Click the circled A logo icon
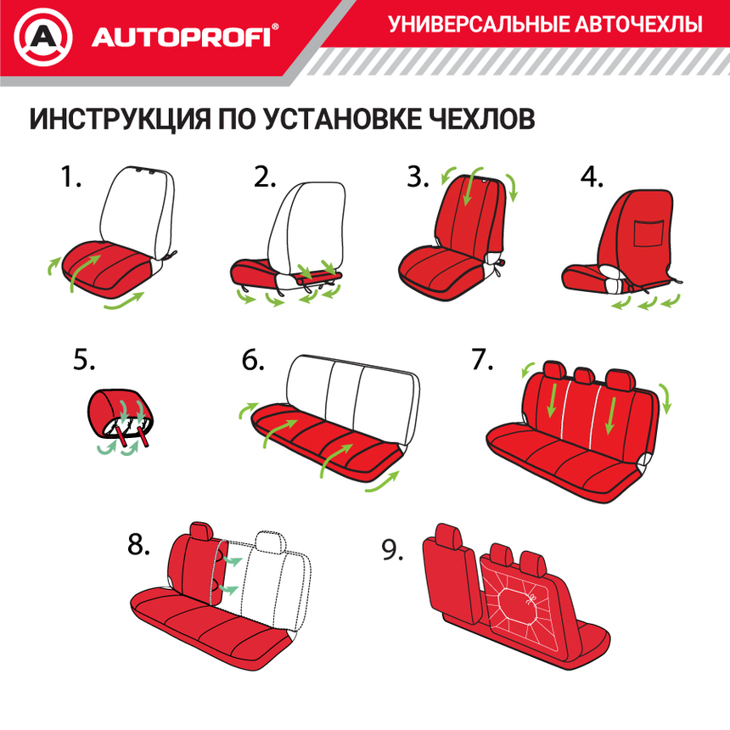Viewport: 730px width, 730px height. [x=42, y=37]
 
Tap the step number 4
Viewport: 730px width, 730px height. [x=592, y=178]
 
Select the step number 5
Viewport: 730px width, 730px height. [x=84, y=361]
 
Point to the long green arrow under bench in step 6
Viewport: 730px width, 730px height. [x=386, y=482]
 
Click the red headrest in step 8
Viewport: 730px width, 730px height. [x=202, y=531]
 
